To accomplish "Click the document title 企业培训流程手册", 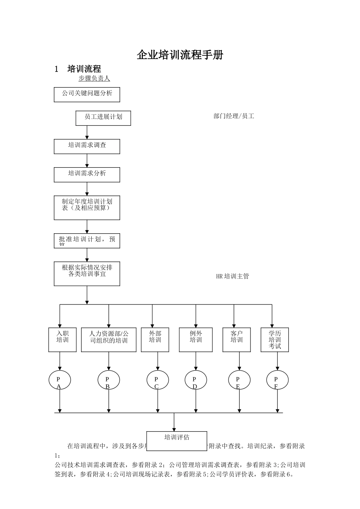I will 180,55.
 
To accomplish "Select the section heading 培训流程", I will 84,69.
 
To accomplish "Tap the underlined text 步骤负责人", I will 94,78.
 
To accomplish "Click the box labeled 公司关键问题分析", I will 87,94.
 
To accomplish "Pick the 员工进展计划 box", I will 103,118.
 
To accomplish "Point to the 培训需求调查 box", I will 87,147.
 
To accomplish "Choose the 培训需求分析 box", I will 87,175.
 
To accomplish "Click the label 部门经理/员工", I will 234,116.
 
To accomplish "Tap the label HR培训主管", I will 232,276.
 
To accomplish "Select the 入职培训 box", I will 63,339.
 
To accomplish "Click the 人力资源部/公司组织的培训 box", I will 108,339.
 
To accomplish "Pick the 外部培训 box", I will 155,339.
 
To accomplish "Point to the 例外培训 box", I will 196,339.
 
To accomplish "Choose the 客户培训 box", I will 236,339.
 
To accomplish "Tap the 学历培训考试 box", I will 275,339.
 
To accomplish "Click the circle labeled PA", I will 59,380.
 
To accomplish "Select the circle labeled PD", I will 196,380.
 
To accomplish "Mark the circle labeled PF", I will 277,380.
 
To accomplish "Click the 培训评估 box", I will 177,440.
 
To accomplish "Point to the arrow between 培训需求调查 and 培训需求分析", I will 87,161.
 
